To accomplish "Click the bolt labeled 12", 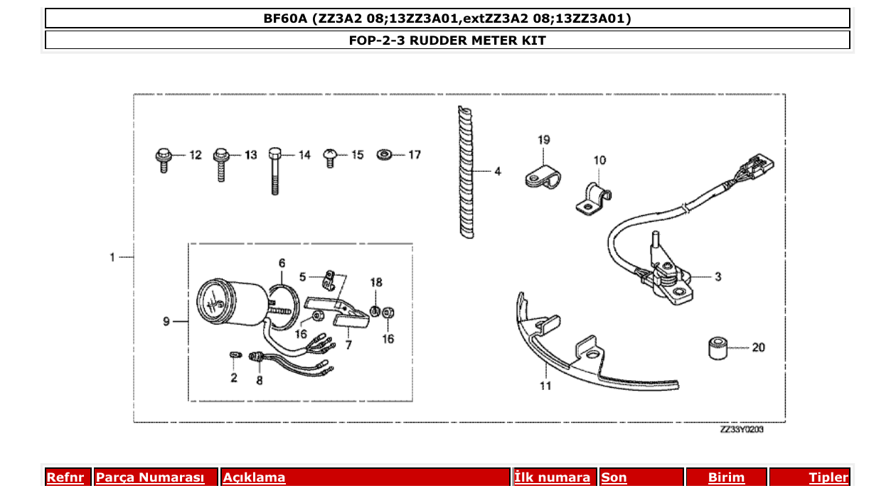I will (x=161, y=159).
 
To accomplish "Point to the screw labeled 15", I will (x=331, y=156).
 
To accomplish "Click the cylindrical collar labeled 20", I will (x=715, y=348).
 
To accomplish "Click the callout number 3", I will (x=718, y=277).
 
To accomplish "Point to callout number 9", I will (x=166, y=322).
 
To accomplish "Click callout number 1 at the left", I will (x=112, y=257).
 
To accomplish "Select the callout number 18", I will (x=376, y=282).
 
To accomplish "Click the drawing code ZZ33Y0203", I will (x=742, y=430).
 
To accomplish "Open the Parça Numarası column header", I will (x=150, y=477).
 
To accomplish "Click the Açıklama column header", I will (x=255, y=477).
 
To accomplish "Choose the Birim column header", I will (x=726, y=477).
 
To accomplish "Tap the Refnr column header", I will (x=65, y=477).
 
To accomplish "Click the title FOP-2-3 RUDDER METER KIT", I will (x=447, y=40).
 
